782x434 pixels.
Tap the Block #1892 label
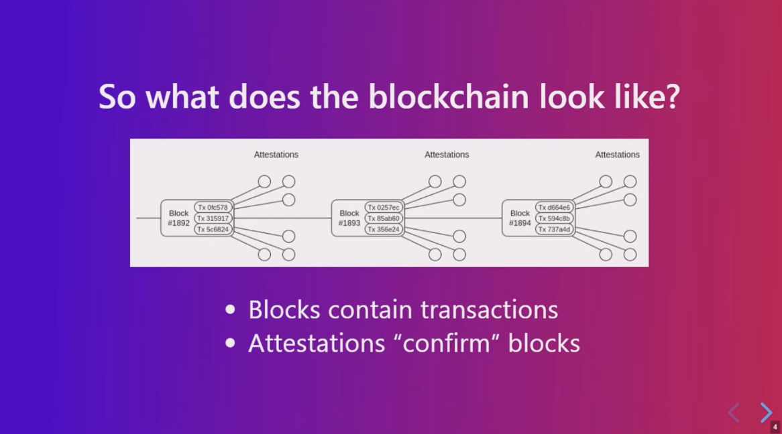[x=178, y=218]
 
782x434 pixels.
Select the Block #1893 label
[x=349, y=218]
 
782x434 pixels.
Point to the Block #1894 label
[x=520, y=218]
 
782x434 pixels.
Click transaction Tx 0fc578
[x=213, y=208]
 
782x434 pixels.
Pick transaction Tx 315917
[x=213, y=218]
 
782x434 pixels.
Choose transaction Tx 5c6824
[x=213, y=229]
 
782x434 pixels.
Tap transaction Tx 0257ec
[x=384, y=208]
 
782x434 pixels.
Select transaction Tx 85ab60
[x=384, y=218]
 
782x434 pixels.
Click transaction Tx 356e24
[x=384, y=229]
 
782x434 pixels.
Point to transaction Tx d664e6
[x=554, y=208]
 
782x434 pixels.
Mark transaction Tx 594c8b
[x=554, y=218]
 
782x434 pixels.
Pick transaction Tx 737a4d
[x=554, y=229]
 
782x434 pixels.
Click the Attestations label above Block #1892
[x=276, y=155]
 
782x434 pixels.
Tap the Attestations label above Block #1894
[x=617, y=155]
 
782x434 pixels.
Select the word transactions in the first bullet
[x=489, y=309]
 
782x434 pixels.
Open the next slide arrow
[x=766, y=413]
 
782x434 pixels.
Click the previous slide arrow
[x=734, y=413]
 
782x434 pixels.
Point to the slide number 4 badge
[x=775, y=427]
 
